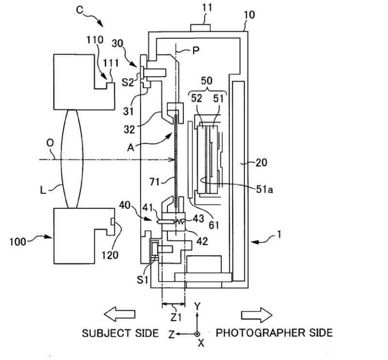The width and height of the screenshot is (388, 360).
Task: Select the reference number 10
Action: coord(249,15)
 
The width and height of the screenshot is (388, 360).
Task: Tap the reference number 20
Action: coord(261,163)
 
